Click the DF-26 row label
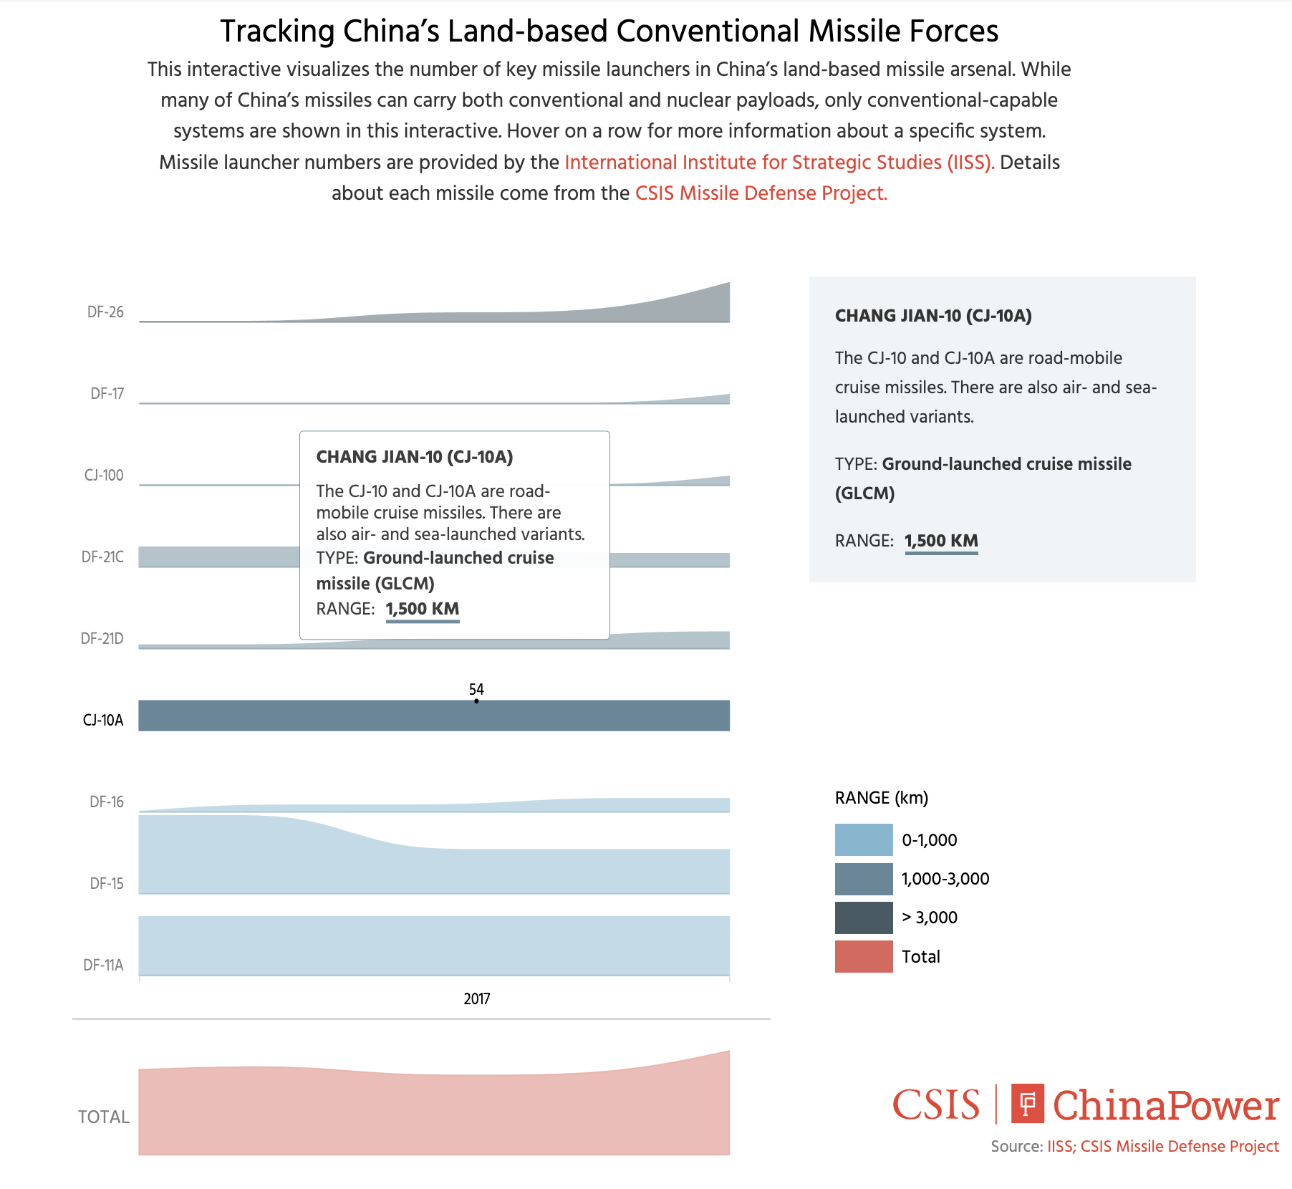105,312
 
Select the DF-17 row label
107,394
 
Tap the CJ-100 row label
104,476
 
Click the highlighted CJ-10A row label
103,721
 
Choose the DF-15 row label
107,884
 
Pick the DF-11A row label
103,966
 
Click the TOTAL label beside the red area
104,1117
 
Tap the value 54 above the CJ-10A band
476,689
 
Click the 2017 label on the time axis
477,999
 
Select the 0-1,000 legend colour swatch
864,839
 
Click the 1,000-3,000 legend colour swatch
864,879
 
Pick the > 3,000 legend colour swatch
864,918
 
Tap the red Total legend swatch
864,956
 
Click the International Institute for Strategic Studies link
779,163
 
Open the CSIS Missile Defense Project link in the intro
761,193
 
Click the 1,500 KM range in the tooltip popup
423,609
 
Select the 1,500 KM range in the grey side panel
941,541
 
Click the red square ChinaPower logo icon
1027,1104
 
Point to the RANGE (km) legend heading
881,798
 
